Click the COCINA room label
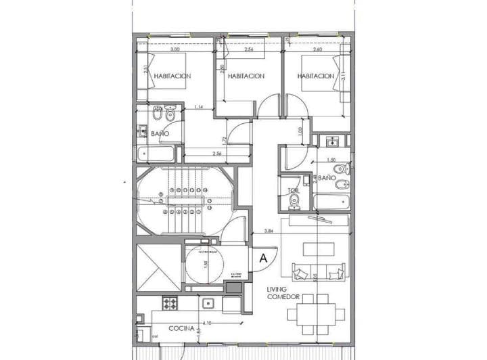pyautogui.click(x=181, y=328)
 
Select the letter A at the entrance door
pyautogui.click(x=263, y=257)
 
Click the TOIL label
pyautogui.click(x=294, y=192)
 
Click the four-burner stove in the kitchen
pyautogui.click(x=170, y=302)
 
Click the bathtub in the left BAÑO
pyautogui.click(x=154, y=155)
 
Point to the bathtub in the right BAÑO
pyautogui.click(x=331, y=201)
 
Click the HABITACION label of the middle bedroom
pyautogui.click(x=246, y=76)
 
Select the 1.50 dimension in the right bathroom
pyautogui.click(x=331, y=160)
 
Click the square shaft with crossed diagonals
pyautogui.click(x=156, y=267)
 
